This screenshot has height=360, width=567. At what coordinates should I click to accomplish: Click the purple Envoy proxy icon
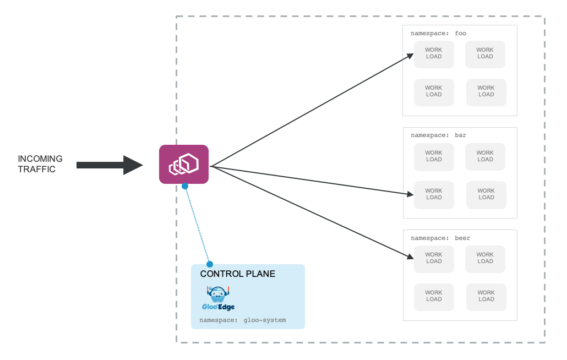184,164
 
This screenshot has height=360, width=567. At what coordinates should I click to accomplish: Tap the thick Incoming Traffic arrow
110,165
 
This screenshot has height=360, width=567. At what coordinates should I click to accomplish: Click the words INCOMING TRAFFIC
40,164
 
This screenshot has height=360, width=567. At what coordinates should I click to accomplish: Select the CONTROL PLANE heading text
238,274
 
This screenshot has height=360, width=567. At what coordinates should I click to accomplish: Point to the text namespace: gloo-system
243,320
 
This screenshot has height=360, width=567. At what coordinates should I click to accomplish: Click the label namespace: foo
438,33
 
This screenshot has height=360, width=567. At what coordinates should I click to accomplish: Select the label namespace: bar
438,135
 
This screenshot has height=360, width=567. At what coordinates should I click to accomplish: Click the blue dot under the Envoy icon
185,186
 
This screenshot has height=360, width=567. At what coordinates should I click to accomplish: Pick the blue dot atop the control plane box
210,264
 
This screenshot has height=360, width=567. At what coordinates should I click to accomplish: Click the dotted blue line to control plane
198,225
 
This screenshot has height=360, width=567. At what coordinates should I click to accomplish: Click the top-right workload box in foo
485,54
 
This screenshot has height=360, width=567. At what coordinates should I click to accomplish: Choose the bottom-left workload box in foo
434,92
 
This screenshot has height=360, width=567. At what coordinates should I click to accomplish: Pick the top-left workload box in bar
434,157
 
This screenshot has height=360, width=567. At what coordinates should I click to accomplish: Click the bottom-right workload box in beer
486,297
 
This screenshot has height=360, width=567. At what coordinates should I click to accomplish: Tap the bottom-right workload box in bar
486,195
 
